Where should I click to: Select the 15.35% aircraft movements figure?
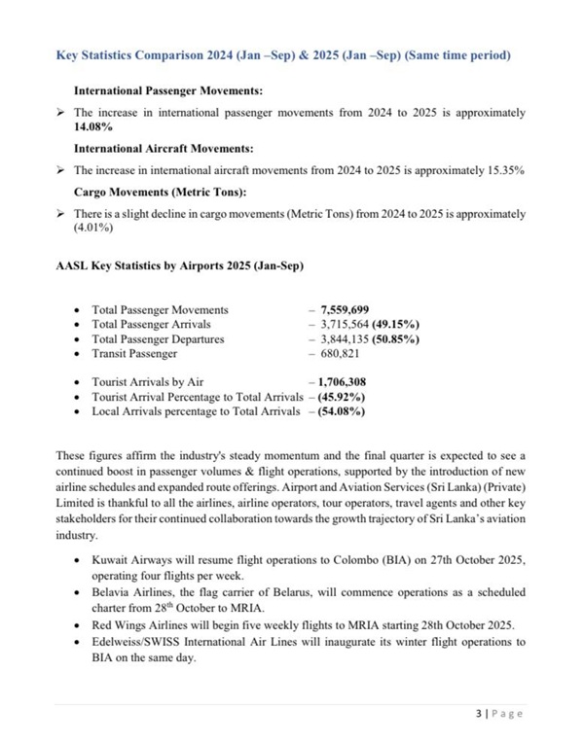click(504, 169)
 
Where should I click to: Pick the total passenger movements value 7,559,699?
click(345, 309)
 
